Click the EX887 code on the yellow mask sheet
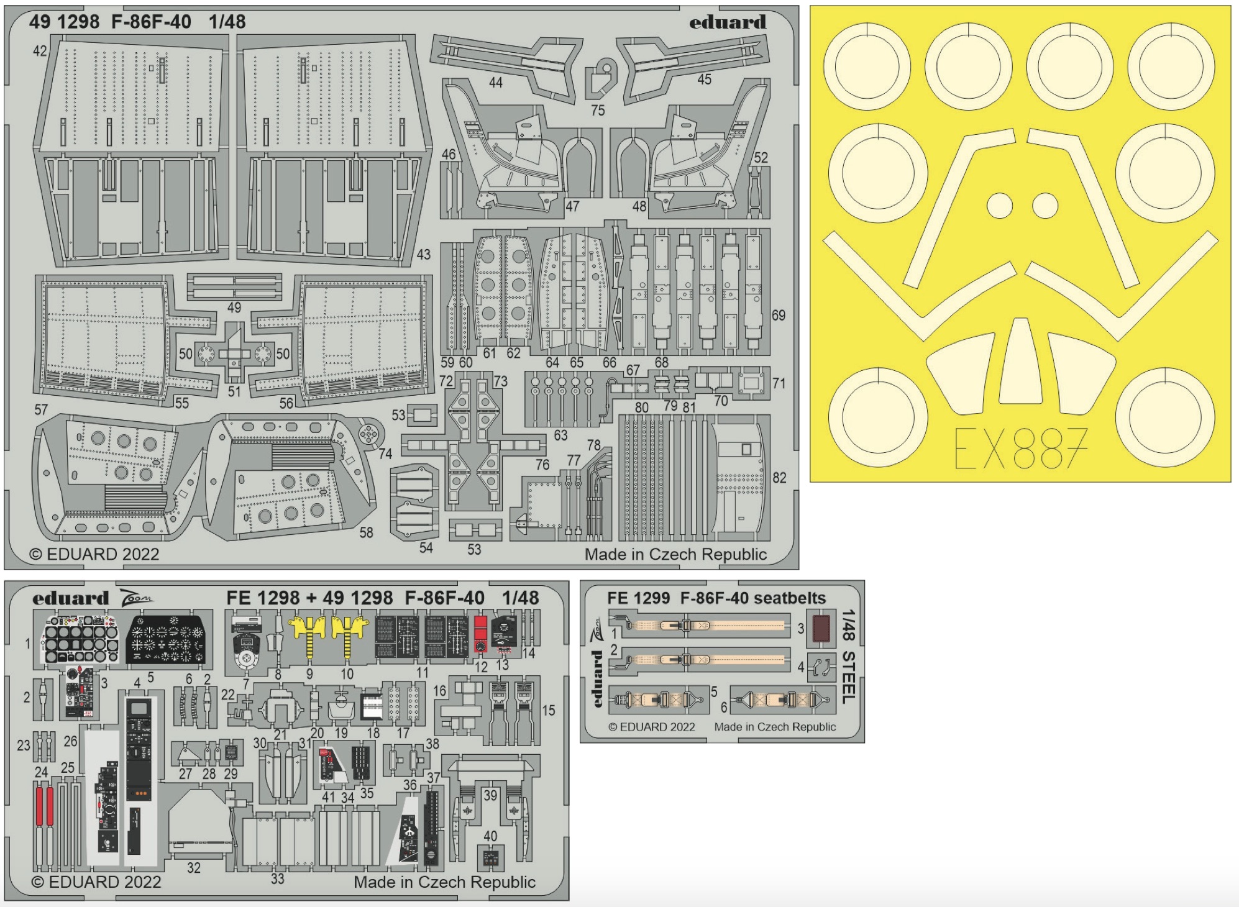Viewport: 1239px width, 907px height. (1020, 448)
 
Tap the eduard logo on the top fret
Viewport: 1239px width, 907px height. (727, 23)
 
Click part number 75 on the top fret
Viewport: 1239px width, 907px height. (598, 111)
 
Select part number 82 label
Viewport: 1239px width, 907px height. (779, 478)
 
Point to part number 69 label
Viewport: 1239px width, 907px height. (779, 316)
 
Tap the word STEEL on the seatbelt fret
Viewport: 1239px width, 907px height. (849, 678)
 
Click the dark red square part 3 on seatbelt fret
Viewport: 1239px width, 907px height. (821, 628)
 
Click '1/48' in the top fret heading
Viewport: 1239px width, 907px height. (227, 22)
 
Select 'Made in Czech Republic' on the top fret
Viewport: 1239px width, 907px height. (675, 554)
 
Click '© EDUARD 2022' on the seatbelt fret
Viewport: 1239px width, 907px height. (651, 727)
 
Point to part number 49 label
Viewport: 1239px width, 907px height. (234, 308)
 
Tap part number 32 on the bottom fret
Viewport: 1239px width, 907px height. (194, 868)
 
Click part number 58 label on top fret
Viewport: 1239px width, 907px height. (366, 532)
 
